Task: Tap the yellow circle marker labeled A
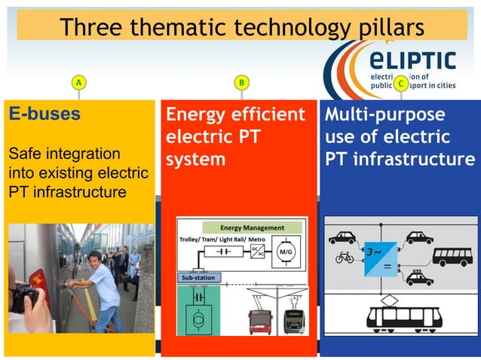(78, 82)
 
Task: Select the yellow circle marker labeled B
(240, 82)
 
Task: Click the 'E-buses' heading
(44, 114)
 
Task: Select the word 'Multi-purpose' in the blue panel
(384, 114)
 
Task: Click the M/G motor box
(286, 250)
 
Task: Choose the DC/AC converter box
(257, 251)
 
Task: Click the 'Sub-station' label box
(198, 278)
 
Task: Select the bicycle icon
(345, 257)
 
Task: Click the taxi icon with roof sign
(419, 279)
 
